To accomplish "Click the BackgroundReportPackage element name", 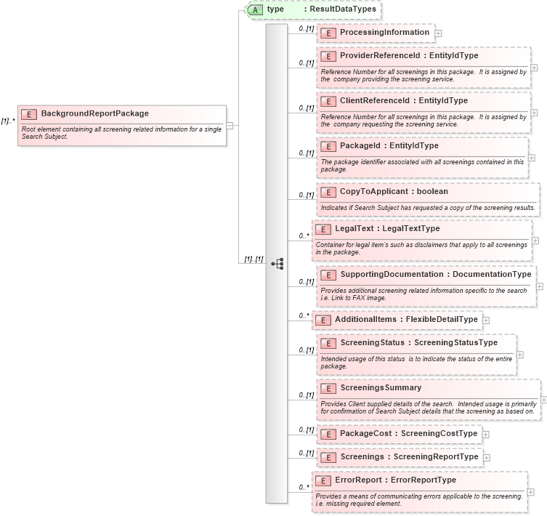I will [94, 113].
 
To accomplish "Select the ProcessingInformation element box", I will [375, 33].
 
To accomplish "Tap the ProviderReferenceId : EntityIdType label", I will [408, 55].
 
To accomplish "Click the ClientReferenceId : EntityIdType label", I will [403, 100].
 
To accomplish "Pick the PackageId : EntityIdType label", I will [389, 145].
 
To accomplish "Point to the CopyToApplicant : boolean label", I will [394, 191].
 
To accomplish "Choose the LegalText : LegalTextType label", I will [387, 228].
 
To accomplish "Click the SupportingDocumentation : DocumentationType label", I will [435, 274].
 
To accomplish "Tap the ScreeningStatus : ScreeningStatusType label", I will [418, 342].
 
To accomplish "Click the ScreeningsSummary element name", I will [381, 387].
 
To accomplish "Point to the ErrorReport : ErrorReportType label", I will [395, 480].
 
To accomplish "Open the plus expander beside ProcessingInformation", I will [438, 33].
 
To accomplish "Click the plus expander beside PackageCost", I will [486, 435].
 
